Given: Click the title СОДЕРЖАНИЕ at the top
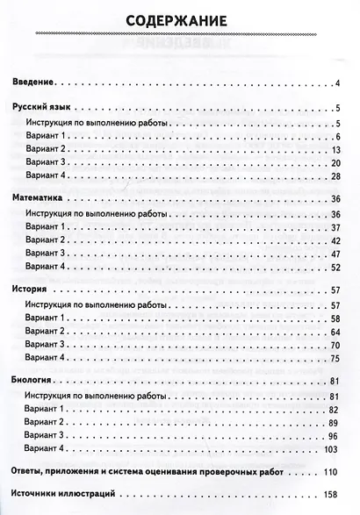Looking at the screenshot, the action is tap(179, 20).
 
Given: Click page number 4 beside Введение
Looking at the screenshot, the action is tap(337, 83).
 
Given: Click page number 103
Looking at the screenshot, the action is tap(334, 449).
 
